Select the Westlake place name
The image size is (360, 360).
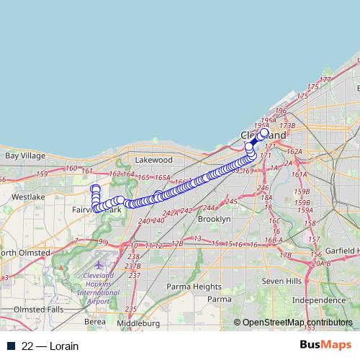(28, 196)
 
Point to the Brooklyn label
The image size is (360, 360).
(214, 218)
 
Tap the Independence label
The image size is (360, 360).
(318, 300)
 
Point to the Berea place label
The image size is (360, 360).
(95, 322)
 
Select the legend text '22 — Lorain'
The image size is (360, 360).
(50, 346)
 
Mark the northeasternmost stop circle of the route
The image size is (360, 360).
(264, 132)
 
